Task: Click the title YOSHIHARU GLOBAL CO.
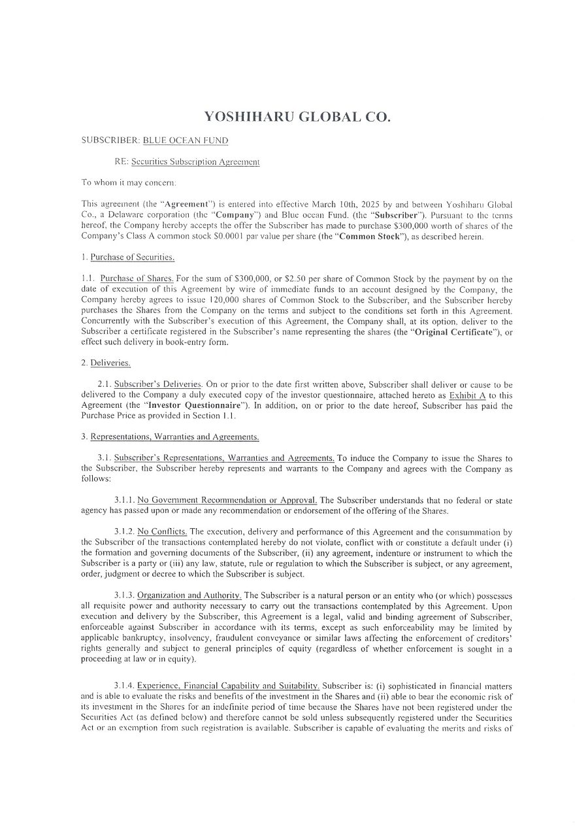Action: pos(297,118)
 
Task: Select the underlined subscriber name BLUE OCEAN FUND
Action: pos(186,140)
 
